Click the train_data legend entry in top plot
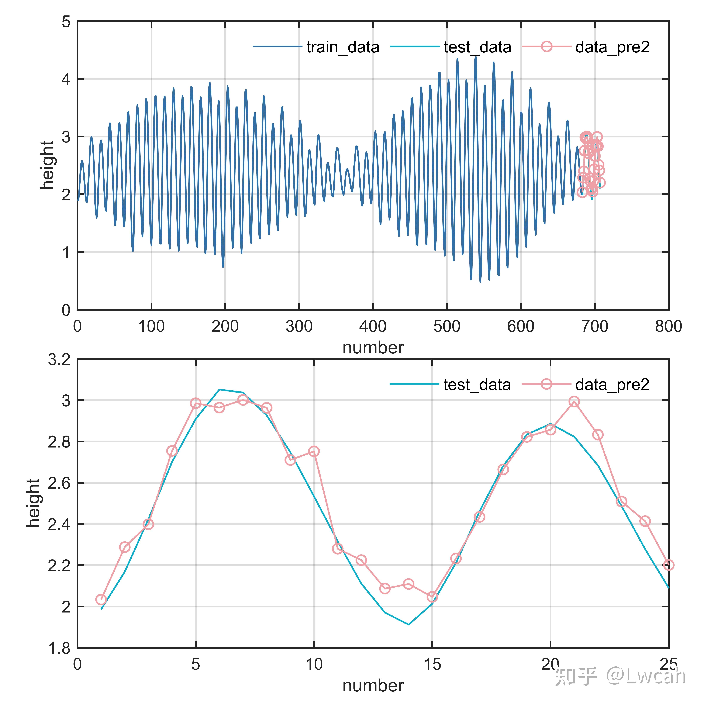click(342, 47)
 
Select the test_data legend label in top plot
click(477, 47)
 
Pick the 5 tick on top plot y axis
click(66, 22)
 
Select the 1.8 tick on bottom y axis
click(59, 648)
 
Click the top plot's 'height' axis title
click(47, 165)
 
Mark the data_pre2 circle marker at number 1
click(101, 599)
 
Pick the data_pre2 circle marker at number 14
click(408, 584)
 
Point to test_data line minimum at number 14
click(408, 625)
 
